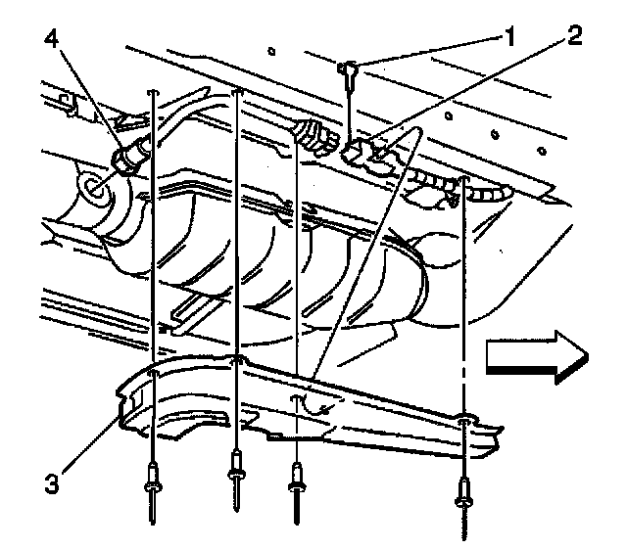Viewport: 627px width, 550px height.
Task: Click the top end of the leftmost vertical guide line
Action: click(x=154, y=91)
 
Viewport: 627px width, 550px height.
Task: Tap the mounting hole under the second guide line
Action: click(x=236, y=359)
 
